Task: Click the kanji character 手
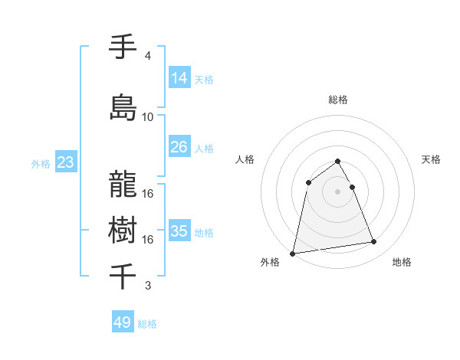click(x=123, y=47)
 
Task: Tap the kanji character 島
click(x=123, y=106)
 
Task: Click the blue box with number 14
click(x=179, y=77)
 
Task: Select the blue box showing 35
click(x=179, y=231)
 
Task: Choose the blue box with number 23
click(x=65, y=162)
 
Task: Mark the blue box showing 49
click(x=123, y=322)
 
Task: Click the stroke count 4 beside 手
click(x=147, y=56)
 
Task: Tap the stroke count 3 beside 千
click(x=147, y=286)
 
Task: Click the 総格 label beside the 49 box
click(x=147, y=324)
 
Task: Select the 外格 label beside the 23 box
click(x=40, y=163)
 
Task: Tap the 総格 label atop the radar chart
click(x=337, y=100)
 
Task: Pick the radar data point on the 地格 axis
click(x=374, y=242)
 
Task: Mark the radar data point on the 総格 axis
click(x=337, y=161)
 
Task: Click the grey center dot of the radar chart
click(x=337, y=191)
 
